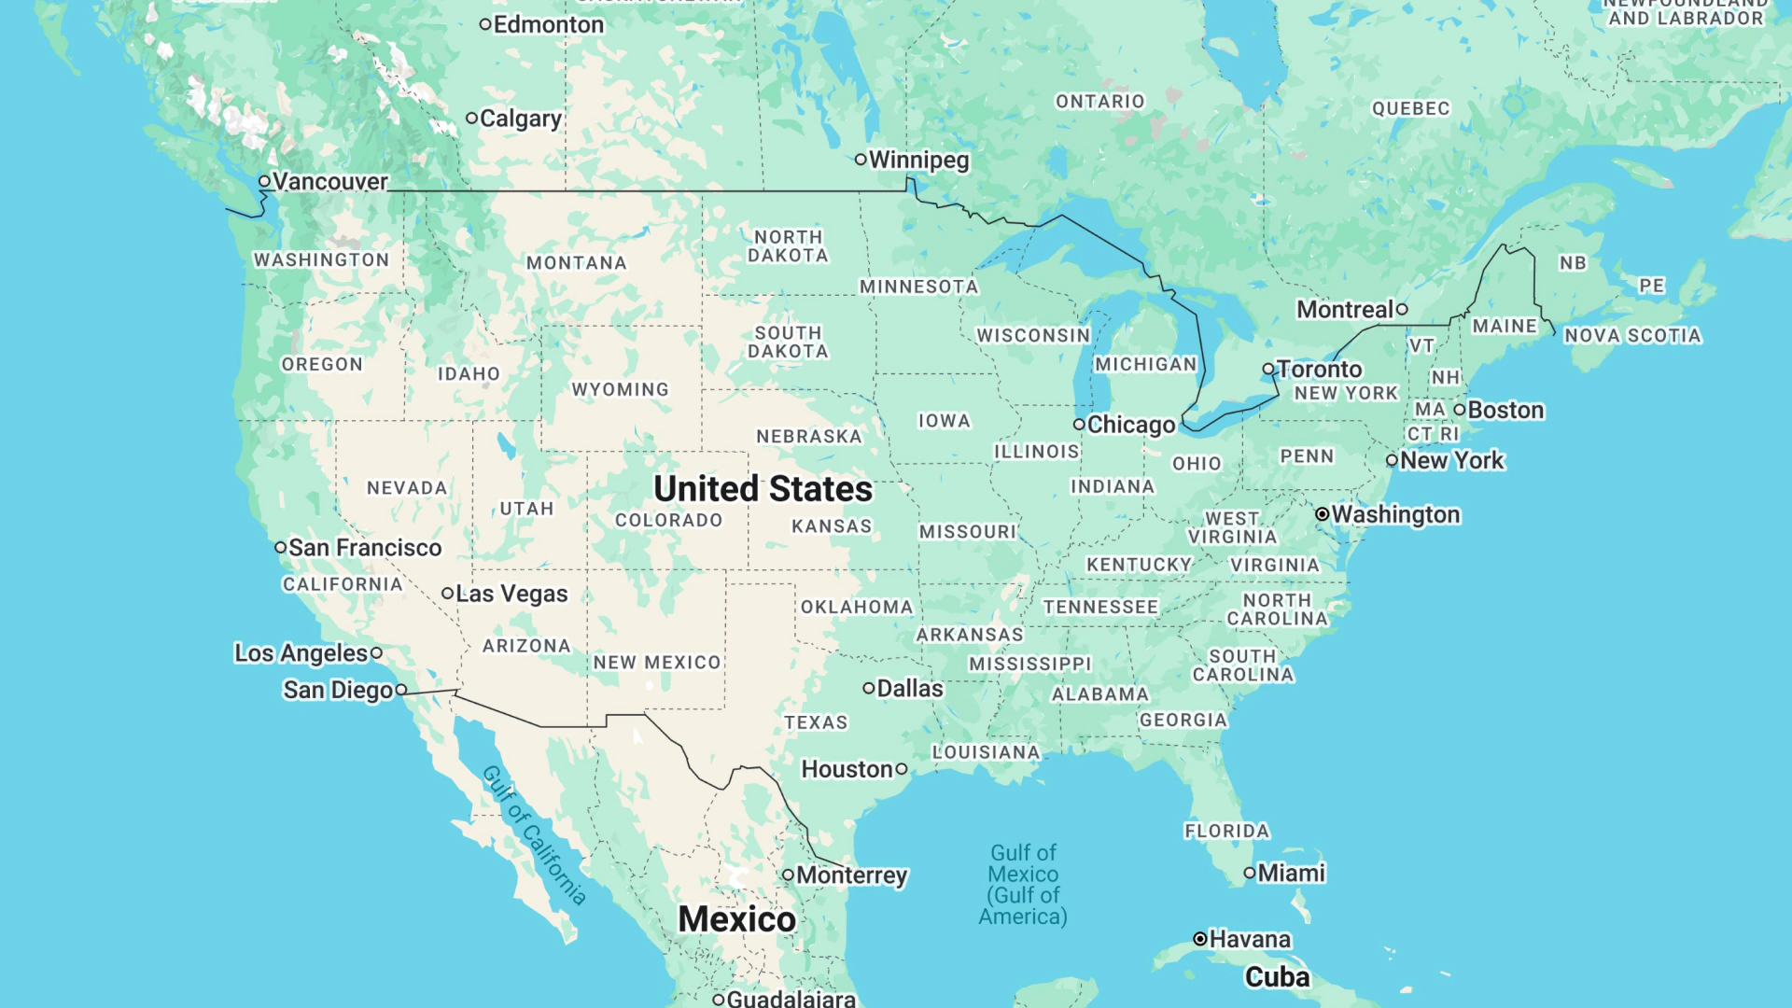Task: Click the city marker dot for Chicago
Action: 1079,425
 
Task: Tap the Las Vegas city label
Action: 511,594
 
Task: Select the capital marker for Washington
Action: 1323,514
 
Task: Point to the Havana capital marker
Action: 1200,939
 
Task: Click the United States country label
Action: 763,489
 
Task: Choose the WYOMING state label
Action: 620,389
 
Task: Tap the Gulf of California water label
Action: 535,834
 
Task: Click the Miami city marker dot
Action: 1250,873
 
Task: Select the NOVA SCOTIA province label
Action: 1632,335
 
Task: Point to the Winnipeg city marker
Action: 861,160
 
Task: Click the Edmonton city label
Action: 548,24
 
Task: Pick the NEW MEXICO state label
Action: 657,662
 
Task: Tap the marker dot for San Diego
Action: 401,690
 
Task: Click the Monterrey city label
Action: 851,875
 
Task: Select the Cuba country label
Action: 1277,977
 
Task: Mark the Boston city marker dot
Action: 1460,410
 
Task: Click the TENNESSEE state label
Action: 1100,607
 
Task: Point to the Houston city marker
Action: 902,769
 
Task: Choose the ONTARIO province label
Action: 1099,101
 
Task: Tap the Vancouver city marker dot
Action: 265,181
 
